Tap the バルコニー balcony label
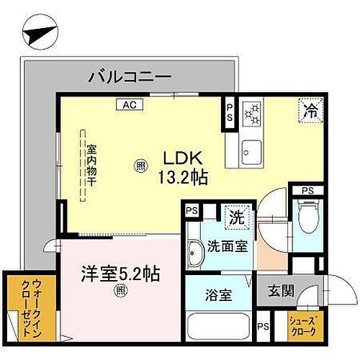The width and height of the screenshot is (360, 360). coord(130,75)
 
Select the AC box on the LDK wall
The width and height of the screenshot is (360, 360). coord(130,104)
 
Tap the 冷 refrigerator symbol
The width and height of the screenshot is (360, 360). coord(310,112)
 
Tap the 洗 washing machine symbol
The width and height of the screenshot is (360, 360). coord(235,214)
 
